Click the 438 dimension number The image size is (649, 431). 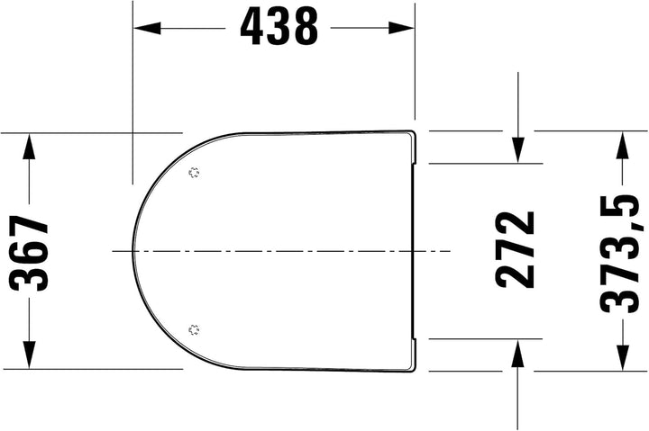coord(279,28)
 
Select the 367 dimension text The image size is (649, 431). coord(29,253)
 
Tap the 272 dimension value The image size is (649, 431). coord(515,249)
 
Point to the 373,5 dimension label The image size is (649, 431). coord(622,254)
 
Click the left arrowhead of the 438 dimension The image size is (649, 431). coord(147,28)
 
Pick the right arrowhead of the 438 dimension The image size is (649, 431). coord(401,28)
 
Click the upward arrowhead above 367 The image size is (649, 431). coord(29,147)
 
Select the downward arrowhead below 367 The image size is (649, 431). coord(29,355)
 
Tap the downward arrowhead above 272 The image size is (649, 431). coord(517,150)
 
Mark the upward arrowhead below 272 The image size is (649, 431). coord(517,353)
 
